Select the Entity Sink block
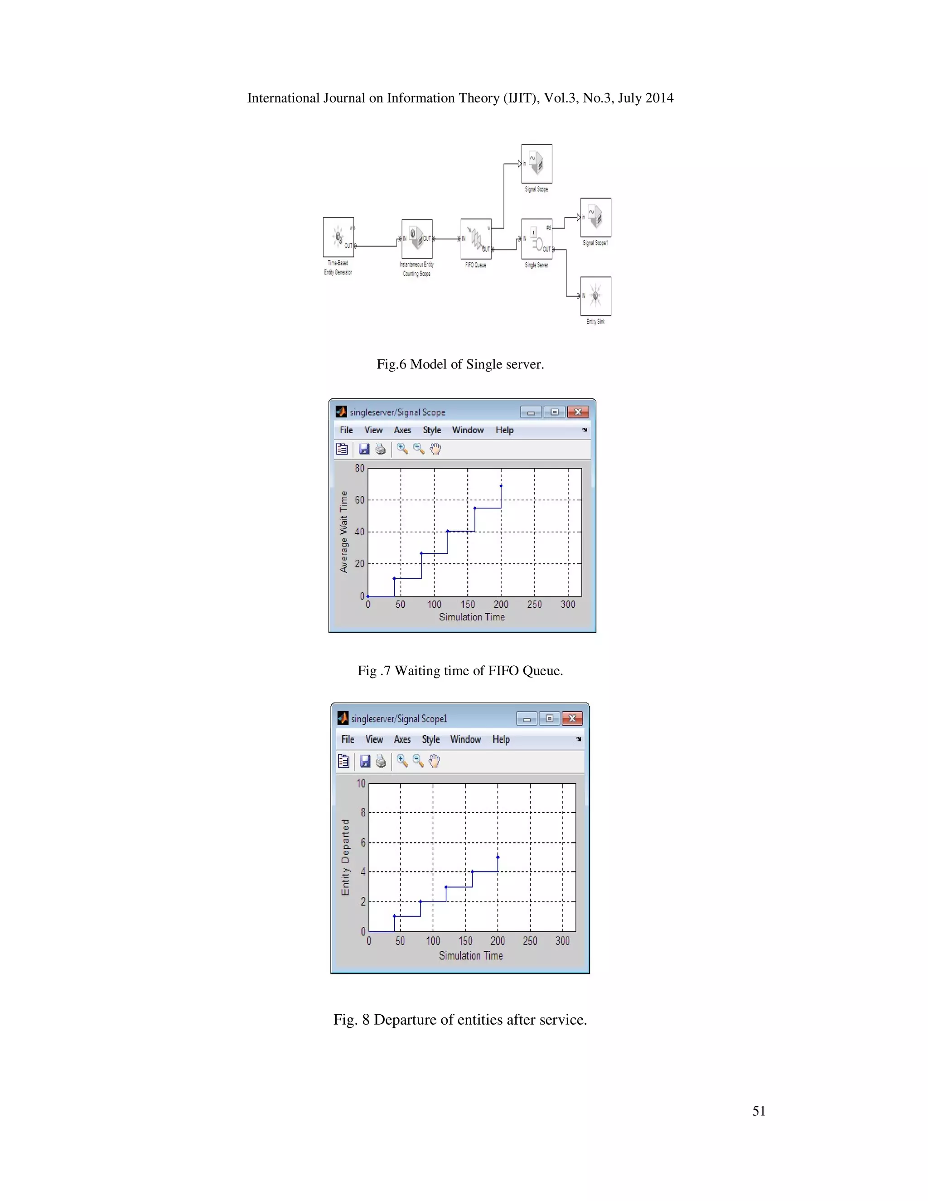pos(595,296)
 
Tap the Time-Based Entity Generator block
pos(338,237)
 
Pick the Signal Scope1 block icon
pos(595,217)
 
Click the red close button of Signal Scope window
pos(578,412)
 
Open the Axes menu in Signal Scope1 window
pos(402,740)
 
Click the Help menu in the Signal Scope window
pos(504,430)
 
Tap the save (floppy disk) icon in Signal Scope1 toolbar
pos(364,761)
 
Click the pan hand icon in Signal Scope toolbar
pos(435,449)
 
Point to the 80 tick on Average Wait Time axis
pos(359,469)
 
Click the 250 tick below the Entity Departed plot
pos(530,941)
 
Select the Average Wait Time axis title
pos(343,532)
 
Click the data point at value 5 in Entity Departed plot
pos(498,857)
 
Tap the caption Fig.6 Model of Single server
pos(460,364)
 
